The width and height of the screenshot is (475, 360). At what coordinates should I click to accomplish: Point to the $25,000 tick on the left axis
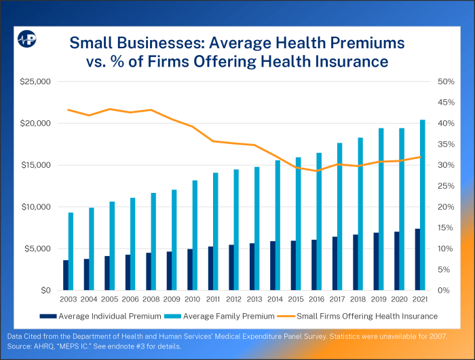point(36,82)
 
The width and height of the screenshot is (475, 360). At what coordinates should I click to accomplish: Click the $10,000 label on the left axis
point(36,206)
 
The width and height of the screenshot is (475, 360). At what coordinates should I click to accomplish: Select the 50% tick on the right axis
point(444,82)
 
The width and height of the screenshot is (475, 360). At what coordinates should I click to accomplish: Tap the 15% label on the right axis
point(444,228)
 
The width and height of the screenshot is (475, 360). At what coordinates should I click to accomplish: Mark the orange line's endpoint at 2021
point(421,157)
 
